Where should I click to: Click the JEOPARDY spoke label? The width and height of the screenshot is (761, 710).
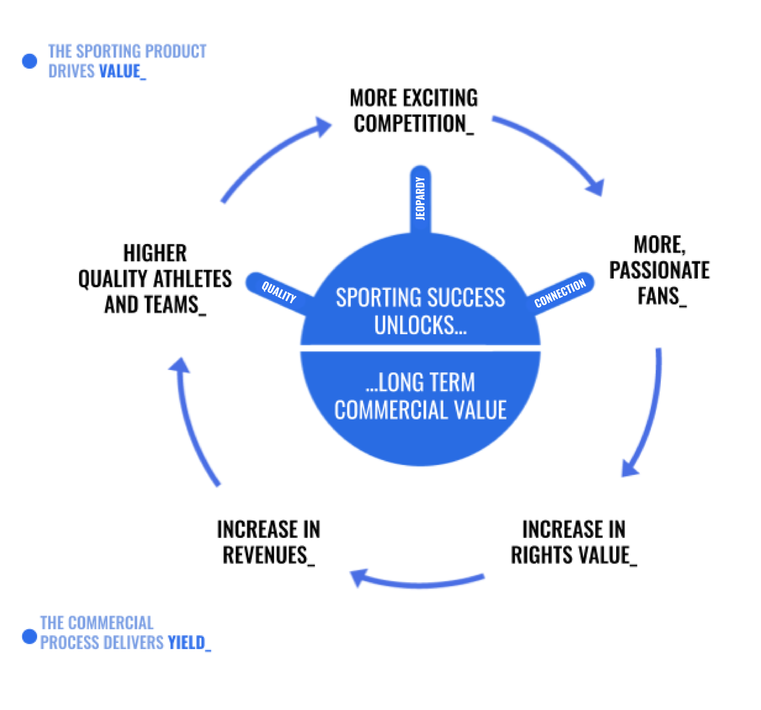(x=420, y=198)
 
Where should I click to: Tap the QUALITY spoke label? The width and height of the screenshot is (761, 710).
(x=279, y=292)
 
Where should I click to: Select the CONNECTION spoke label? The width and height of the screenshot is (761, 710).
(x=560, y=293)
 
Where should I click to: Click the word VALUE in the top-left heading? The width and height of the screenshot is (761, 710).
(x=120, y=72)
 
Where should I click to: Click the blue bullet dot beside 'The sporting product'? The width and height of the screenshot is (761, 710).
(x=29, y=61)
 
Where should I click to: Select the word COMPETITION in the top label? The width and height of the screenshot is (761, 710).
(x=409, y=124)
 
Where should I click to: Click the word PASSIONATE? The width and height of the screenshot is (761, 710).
(x=660, y=270)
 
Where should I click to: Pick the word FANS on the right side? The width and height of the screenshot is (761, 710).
(x=658, y=296)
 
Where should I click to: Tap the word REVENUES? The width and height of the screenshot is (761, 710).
(x=265, y=555)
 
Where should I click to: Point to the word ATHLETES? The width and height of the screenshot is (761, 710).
(x=192, y=279)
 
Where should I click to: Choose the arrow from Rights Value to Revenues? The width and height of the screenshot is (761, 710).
(x=417, y=583)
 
